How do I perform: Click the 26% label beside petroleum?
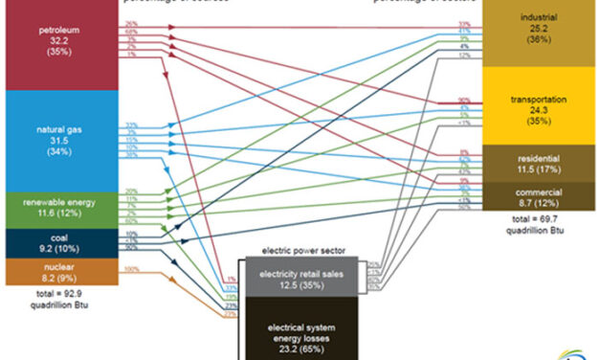click(x=130, y=22)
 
